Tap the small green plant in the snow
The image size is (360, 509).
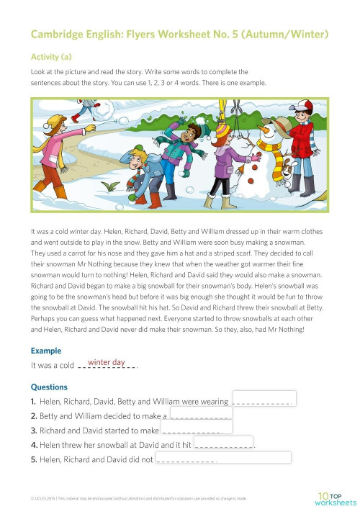pyautogui.click(x=109, y=186)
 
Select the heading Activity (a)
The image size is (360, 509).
pyautogui.click(x=52, y=55)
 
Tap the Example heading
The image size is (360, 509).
pyautogui.click(x=46, y=351)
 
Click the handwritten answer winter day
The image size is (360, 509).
pyautogui.click(x=106, y=362)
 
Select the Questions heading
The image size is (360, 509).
pyautogui.click(x=50, y=387)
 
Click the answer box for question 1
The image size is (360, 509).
pyautogui.click(x=264, y=399)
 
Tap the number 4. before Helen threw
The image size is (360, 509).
pyautogui.click(x=34, y=445)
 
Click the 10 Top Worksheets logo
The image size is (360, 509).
pyautogui.click(x=336, y=497)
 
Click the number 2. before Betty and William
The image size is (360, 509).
pyautogui.click(x=34, y=416)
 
